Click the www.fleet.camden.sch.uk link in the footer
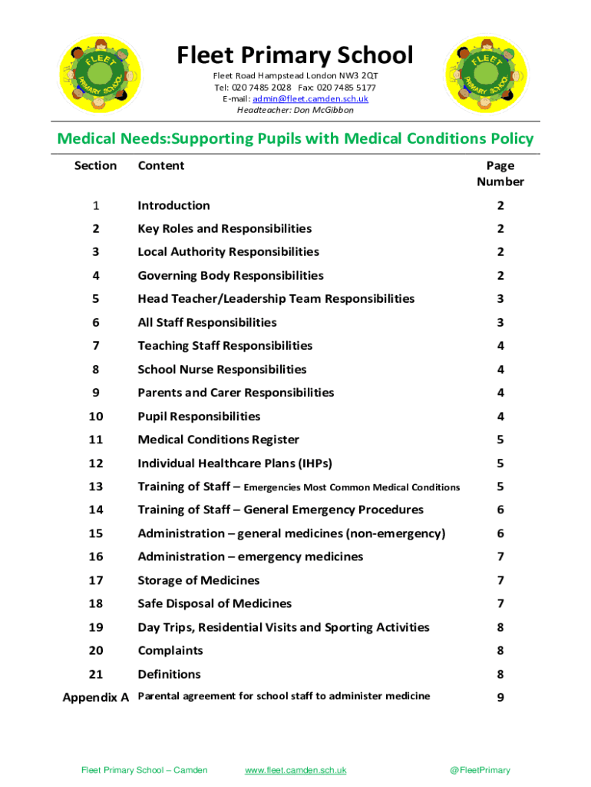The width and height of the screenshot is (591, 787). (x=295, y=770)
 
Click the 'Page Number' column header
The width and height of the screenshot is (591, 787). (x=500, y=174)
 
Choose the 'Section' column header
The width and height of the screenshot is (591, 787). (x=95, y=166)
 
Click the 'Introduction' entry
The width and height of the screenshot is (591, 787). (x=173, y=205)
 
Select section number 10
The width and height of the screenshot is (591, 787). (x=95, y=417)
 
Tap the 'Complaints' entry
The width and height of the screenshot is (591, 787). (x=170, y=651)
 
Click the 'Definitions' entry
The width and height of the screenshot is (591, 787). (x=169, y=674)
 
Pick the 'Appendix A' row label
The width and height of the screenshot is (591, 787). (x=95, y=698)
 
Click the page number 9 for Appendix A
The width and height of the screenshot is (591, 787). (x=500, y=698)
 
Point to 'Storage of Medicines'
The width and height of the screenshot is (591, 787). (x=198, y=580)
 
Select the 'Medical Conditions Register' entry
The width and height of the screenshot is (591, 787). (x=218, y=440)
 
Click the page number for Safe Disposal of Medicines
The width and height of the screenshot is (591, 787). (x=500, y=604)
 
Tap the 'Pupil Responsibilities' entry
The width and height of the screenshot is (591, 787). (x=199, y=417)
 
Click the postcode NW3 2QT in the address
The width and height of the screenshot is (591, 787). (x=360, y=76)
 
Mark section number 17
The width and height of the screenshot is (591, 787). (x=95, y=580)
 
